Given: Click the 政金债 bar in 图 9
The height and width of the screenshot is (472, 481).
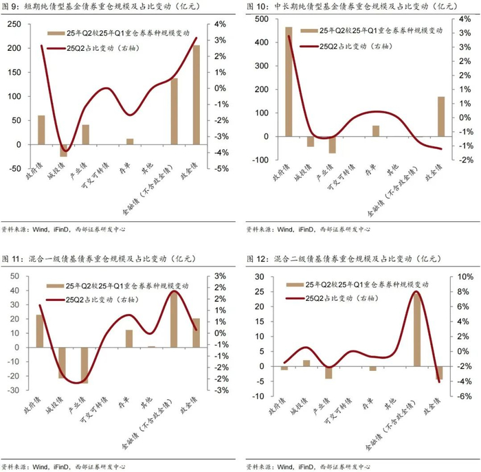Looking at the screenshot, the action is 197,95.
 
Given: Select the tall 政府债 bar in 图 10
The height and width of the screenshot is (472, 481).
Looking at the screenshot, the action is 289,82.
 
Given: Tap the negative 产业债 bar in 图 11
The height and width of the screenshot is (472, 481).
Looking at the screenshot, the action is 85,366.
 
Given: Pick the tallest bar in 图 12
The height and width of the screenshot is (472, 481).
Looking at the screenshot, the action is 417,330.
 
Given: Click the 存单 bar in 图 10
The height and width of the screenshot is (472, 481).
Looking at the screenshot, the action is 376,131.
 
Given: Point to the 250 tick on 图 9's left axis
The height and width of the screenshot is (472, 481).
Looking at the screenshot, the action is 14,24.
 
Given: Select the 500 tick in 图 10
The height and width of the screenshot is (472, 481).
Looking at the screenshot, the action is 262,19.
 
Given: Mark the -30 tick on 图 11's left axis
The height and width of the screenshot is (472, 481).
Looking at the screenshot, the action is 14,390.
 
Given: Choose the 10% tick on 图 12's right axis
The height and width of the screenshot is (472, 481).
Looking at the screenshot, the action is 465,277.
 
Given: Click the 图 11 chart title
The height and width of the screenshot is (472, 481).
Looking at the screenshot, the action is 98,259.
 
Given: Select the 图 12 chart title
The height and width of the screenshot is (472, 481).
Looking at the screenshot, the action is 344,259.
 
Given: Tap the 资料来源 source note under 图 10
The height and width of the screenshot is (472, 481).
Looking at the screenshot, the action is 309,229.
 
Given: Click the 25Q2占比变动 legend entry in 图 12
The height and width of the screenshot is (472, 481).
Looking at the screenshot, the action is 332,298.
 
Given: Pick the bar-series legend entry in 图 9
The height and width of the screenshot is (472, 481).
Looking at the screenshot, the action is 119,33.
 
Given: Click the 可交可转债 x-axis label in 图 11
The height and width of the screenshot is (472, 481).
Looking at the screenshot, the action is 94,409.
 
